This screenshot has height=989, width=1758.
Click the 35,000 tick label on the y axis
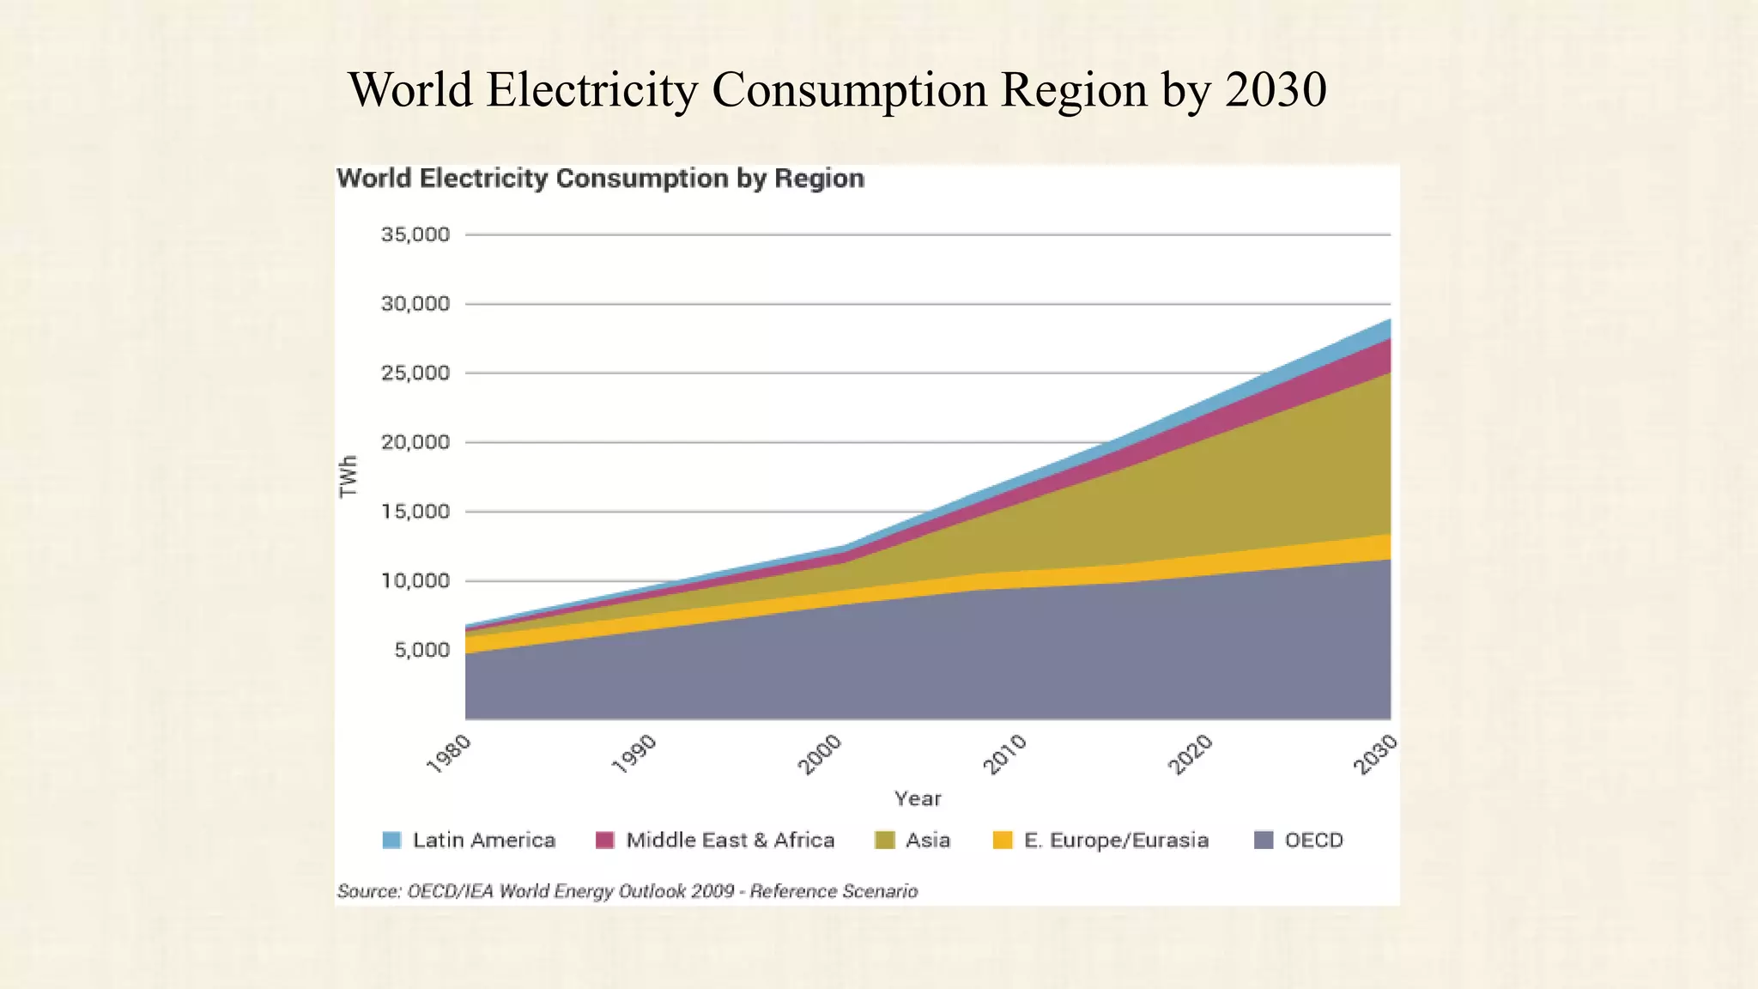click(415, 234)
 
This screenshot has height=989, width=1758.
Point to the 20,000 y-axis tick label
click(415, 442)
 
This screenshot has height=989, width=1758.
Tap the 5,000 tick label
click(421, 650)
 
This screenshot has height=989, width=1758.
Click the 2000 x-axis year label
click(821, 754)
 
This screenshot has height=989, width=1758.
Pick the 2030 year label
click(1375, 754)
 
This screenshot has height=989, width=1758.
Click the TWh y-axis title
click(348, 476)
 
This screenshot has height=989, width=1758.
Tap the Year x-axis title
click(918, 798)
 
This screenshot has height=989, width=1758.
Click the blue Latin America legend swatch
click(391, 840)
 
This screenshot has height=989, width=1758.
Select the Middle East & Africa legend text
click(730, 840)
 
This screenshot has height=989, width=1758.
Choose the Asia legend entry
click(928, 840)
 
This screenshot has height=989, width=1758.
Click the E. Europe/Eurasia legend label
click(1116, 840)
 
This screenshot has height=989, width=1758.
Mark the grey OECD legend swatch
click(1264, 840)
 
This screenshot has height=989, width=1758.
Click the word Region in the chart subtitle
click(819, 179)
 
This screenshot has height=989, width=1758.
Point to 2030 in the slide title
click(1276, 89)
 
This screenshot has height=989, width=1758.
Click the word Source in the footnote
click(368, 891)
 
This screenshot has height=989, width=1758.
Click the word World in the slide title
click(410, 89)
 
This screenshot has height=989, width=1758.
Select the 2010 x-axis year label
click(1004, 754)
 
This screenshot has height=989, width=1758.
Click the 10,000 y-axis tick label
click(415, 581)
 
